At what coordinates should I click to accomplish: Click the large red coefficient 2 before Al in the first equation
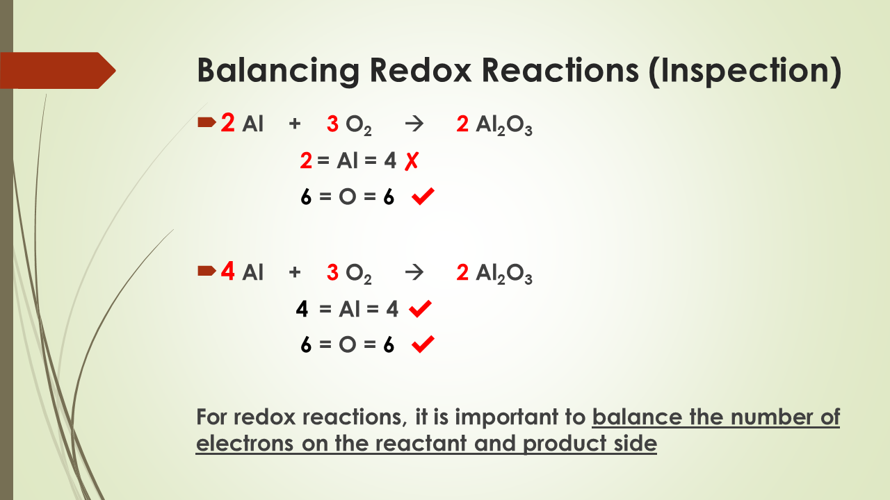pos(228,124)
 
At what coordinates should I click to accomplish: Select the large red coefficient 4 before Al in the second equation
pos(228,272)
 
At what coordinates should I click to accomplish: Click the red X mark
pos(412,162)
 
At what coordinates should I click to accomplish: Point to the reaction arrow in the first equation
pos(414,125)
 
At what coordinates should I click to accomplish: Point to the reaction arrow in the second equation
pos(414,272)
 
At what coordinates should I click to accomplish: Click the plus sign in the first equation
pos(295,125)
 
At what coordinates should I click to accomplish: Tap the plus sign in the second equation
pos(295,272)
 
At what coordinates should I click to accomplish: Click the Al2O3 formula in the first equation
pos(504,126)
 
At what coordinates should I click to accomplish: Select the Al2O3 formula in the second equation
pos(504,274)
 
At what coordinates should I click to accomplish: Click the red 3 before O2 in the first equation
pos(332,125)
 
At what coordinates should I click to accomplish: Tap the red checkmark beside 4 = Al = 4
pos(421,310)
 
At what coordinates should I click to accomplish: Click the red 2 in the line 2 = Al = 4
pos(306,162)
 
